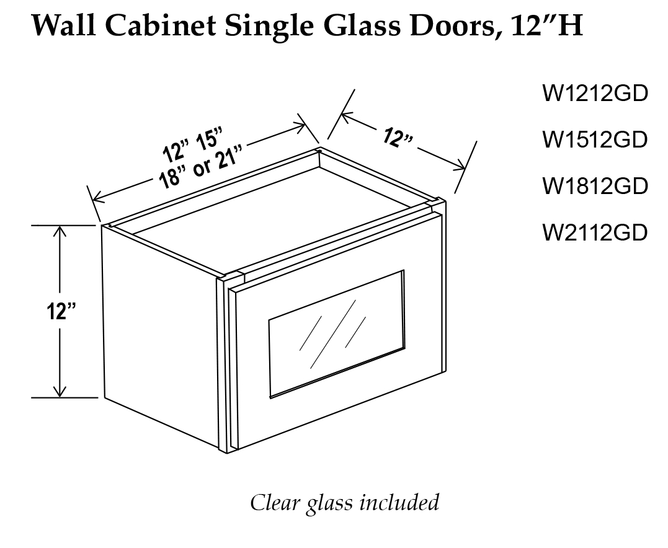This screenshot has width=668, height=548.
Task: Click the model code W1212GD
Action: point(595,94)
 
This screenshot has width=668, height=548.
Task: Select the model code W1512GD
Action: point(595,139)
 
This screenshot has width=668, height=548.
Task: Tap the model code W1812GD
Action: point(595,185)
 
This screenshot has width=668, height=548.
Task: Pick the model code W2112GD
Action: point(595,232)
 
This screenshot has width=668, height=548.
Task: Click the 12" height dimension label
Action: point(60,312)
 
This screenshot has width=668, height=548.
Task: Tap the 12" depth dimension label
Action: point(398,138)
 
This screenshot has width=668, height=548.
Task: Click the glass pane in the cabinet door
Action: point(336,333)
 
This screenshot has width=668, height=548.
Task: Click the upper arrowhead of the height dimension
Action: point(60,231)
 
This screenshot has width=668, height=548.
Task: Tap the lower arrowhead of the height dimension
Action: point(60,392)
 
